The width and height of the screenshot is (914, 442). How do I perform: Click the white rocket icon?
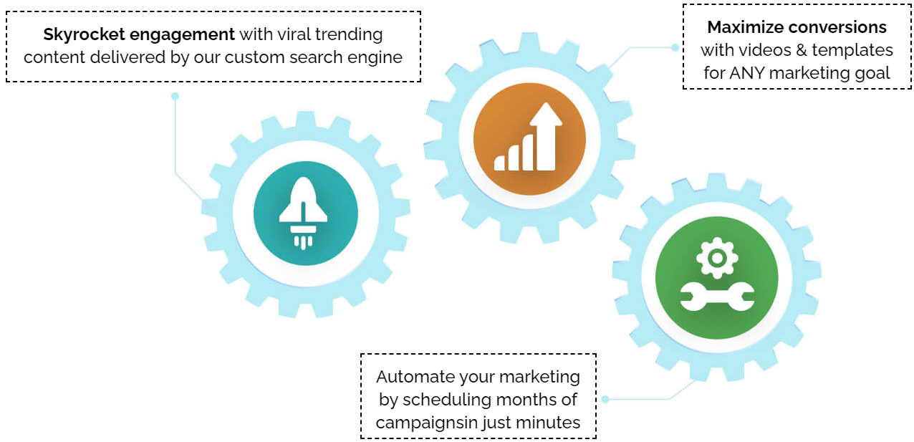303,212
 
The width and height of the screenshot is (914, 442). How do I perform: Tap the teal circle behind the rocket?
306,213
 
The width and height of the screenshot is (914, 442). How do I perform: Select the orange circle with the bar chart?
529,139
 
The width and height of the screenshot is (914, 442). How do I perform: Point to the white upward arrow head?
546,114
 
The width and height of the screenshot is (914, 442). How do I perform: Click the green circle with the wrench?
716,277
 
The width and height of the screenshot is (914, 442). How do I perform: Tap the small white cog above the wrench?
717,258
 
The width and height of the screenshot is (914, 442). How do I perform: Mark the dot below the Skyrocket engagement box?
175,96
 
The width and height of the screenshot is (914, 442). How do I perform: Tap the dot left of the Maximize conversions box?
675,48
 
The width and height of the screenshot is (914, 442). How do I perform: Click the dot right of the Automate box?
605,399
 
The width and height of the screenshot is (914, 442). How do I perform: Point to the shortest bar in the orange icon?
499,163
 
